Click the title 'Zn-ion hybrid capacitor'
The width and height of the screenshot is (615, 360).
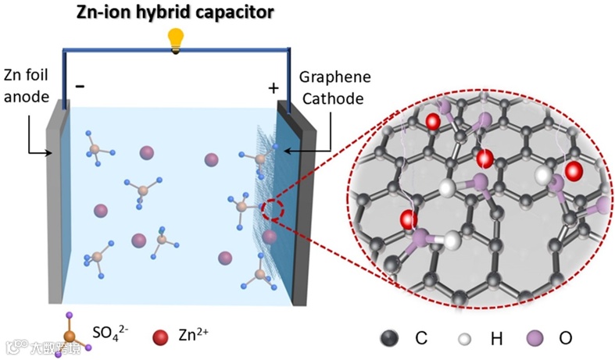pos(177,12)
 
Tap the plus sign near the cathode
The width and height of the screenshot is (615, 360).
pos(273,87)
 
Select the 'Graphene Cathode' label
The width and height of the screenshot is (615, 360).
pos(334,88)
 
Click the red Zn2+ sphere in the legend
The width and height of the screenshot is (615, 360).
pos(161,337)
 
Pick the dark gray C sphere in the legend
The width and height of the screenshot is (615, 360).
pos(388,338)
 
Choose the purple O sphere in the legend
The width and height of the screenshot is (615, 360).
pos(536,338)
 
